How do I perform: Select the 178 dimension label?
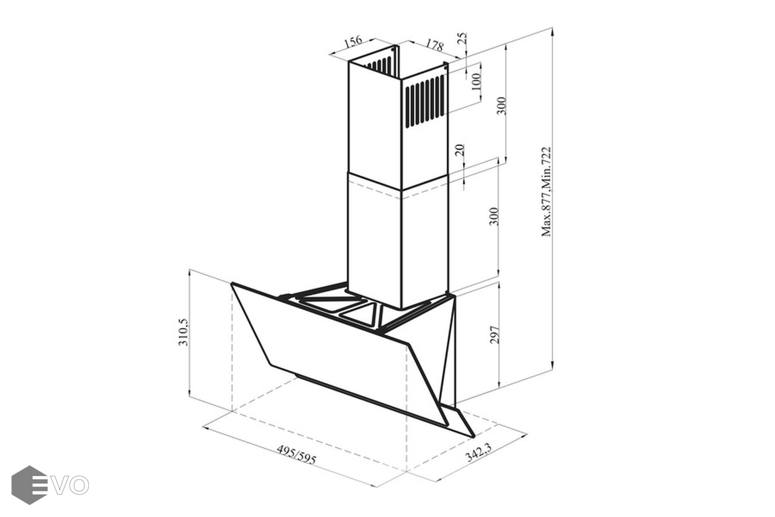[x=434, y=45]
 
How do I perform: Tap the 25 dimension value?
[x=462, y=38]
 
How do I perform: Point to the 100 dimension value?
[x=476, y=82]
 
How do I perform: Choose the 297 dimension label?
[x=495, y=334]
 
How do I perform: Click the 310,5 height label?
[x=183, y=332]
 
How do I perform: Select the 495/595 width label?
[x=296, y=454]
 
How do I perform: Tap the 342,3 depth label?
[x=479, y=453]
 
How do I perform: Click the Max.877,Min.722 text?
[x=545, y=192]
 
